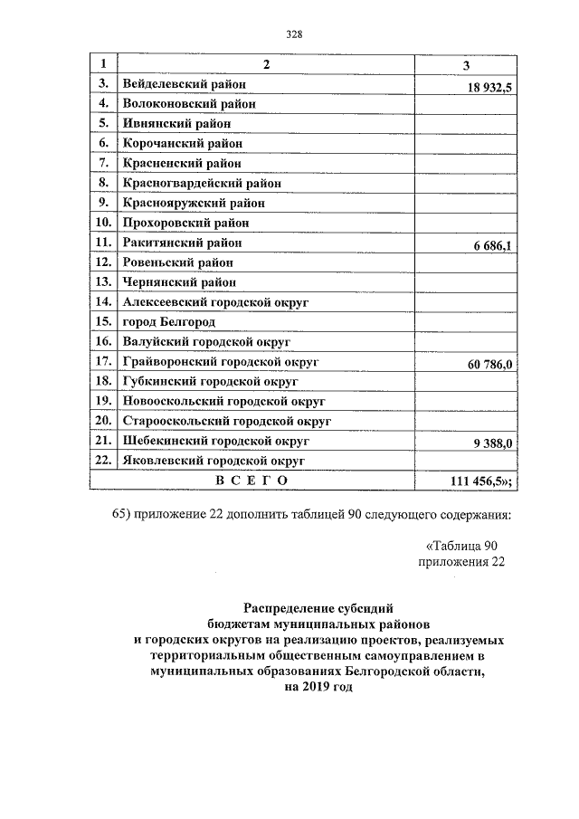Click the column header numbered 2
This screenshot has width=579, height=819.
tap(266, 64)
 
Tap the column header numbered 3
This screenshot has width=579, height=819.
tap(465, 64)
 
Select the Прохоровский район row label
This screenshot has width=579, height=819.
tap(185, 223)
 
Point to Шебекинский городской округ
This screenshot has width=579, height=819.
tap(215, 441)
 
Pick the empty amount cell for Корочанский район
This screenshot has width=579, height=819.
tap(465, 144)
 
